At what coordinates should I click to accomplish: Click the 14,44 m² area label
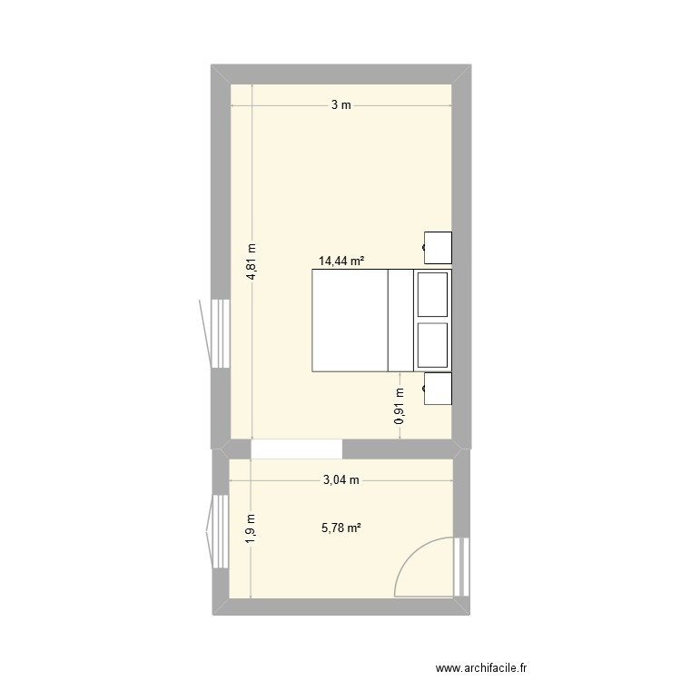coord(340,261)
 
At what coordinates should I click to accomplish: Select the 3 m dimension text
coord(340,105)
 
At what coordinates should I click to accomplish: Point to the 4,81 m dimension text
coord(252,262)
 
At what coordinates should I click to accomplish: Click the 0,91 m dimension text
coord(400,407)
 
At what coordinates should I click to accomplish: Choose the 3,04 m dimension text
coord(341,480)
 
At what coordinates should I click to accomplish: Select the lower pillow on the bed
coord(432,344)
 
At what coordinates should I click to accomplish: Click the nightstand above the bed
coord(439,246)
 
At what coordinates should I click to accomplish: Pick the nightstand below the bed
coord(439,388)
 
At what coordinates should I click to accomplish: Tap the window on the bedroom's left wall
coord(218,333)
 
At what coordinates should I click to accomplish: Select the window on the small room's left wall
coord(218,531)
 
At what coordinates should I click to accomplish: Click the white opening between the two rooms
coord(296,449)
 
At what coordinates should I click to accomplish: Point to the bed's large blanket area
coord(350,320)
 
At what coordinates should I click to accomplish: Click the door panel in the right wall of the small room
coord(463,567)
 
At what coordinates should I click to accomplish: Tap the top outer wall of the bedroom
coord(340,74)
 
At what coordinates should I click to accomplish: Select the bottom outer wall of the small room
coord(340,607)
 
